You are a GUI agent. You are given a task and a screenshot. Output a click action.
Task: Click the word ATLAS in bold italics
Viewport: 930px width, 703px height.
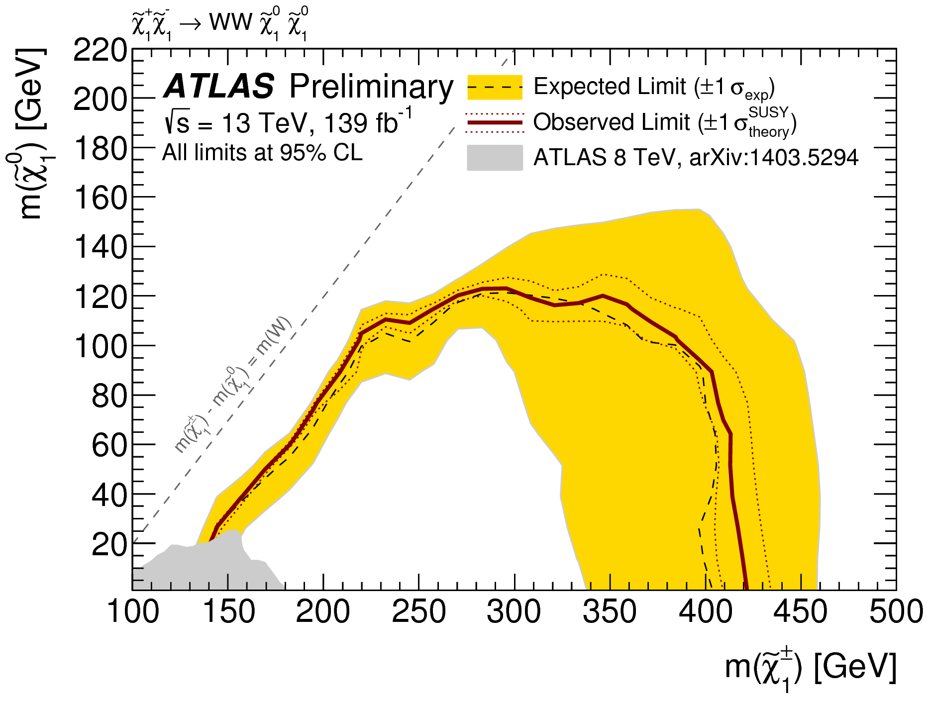click(218, 87)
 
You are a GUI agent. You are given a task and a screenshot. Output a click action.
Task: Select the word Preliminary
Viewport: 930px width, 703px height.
click(371, 88)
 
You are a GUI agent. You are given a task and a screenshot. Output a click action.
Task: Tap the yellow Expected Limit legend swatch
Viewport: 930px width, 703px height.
click(495, 88)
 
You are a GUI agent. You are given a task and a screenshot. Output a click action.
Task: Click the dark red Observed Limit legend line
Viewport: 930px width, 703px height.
click(495, 122)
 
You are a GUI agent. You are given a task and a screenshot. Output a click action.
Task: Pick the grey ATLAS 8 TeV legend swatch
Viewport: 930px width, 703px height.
click(495, 158)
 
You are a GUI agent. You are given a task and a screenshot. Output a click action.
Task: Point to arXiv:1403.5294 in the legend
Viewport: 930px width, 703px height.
click(774, 158)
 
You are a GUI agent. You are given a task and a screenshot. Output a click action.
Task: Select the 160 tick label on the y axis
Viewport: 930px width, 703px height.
click(100, 198)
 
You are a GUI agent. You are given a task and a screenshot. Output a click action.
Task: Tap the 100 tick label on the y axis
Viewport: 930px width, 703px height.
click(100, 346)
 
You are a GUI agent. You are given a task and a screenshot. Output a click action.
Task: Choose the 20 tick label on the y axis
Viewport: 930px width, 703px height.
click(109, 544)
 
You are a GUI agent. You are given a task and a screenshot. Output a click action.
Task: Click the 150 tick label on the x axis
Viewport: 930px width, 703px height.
click(228, 611)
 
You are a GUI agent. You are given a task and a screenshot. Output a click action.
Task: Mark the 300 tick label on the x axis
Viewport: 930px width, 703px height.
click(514, 611)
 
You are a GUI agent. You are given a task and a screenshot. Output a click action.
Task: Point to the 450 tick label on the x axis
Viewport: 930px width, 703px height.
click(800, 611)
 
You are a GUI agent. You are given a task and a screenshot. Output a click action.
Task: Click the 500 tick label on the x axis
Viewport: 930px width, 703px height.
click(896, 611)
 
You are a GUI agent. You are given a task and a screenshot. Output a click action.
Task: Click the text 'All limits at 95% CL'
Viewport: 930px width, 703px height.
click(262, 153)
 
